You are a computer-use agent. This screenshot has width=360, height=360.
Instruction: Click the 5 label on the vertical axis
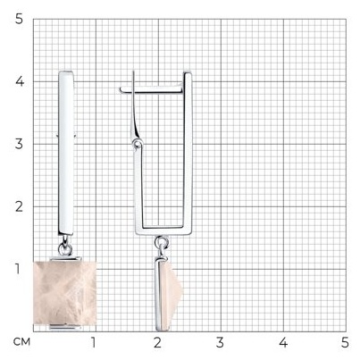point(19,19)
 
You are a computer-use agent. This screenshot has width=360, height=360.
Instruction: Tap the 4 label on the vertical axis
point(20,81)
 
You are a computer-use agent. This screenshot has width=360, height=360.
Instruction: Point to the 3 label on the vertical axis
point(19,144)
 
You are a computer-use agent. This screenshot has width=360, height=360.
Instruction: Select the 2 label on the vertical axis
point(19,206)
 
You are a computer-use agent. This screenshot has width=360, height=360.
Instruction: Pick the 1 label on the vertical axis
point(18,269)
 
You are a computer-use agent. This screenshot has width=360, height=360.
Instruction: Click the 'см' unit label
point(21,341)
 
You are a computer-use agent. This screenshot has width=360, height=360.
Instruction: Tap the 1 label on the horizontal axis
point(94,342)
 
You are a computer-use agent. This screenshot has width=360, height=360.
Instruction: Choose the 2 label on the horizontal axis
point(157,342)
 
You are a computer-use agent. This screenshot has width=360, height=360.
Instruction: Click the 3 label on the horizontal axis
point(220,342)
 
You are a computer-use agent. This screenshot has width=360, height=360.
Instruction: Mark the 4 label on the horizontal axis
point(283,342)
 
